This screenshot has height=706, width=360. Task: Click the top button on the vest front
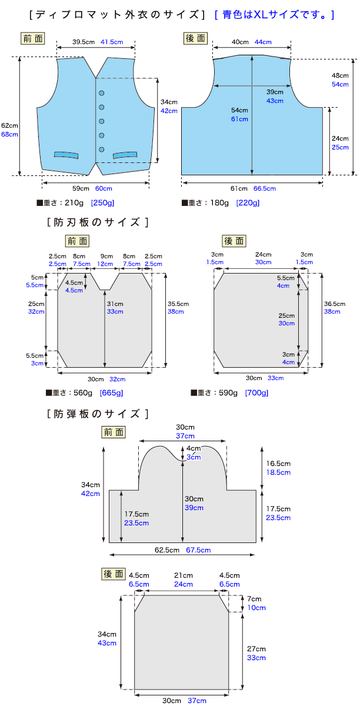click(x=101, y=93)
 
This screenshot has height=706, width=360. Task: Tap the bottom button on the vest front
click(x=101, y=149)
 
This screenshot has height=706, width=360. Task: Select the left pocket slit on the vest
click(x=66, y=155)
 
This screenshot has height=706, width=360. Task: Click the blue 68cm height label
click(x=9, y=134)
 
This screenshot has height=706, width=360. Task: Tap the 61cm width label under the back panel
click(x=238, y=189)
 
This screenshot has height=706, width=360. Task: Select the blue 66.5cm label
click(x=264, y=189)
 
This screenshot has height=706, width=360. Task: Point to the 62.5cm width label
click(x=166, y=550)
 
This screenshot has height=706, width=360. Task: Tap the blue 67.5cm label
click(x=198, y=550)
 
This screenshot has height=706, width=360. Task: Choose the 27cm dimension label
click(x=256, y=648)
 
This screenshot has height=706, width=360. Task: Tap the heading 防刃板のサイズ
click(x=96, y=222)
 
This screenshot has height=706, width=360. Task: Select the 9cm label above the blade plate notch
click(x=106, y=257)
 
